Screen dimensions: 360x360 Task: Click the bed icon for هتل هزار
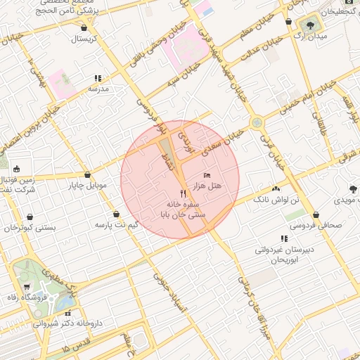pos(206,174)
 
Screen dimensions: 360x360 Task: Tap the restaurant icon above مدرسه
pos(97,79)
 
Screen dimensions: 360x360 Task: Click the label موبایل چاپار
pos(86,186)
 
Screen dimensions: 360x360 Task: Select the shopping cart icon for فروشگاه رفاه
pos(27,287)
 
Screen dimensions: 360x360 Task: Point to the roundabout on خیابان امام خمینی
pos(258,122)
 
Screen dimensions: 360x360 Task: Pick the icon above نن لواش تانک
pos(276,189)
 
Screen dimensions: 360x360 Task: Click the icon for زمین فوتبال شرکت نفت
pos(16,169)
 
